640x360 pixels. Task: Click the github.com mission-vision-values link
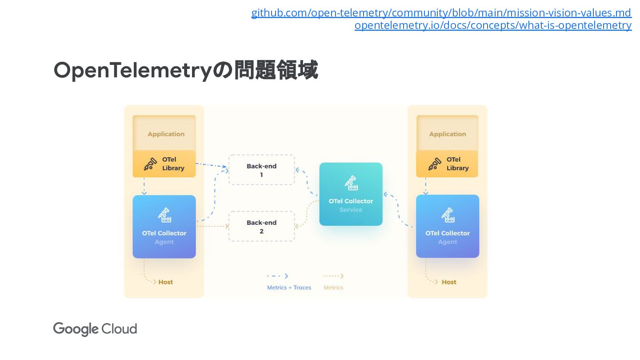[441, 13]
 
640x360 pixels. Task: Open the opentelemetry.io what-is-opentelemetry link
[492, 25]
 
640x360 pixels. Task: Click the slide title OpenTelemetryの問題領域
[185, 71]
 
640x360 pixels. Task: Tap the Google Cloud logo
[95, 329]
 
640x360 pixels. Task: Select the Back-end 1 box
[261, 170]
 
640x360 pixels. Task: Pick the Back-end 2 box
[261, 226]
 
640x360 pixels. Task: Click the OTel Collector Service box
[351, 194]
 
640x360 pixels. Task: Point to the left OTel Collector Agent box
[164, 227]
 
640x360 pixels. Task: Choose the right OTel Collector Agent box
[447, 227]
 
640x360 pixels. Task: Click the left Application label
[166, 134]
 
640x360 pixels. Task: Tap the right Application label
[447, 134]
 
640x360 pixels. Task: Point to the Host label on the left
[165, 282]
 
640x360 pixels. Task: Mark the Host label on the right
[449, 282]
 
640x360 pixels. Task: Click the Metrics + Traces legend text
[289, 288]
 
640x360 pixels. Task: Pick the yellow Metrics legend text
[333, 288]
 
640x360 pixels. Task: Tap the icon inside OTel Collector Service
[351, 183]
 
